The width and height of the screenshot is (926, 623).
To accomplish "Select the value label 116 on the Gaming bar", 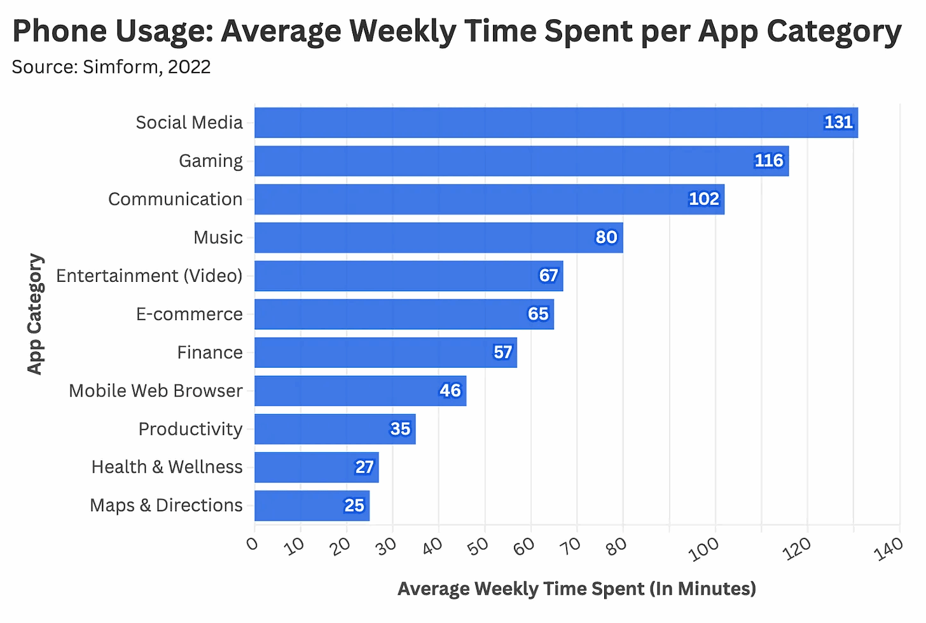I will click(x=768, y=161).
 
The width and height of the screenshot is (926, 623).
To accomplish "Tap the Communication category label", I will click(x=175, y=199).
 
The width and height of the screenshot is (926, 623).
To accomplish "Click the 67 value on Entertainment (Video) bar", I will click(x=548, y=276).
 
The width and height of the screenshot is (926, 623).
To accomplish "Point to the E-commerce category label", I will click(x=189, y=314).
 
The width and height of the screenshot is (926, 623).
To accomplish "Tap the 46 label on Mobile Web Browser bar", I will click(x=450, y=391).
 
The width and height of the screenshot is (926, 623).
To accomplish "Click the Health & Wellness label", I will click(x=167, y=467).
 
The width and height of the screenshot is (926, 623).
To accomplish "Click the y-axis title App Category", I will click(x=35, y=314).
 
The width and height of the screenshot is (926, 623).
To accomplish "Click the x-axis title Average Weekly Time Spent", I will click(x=576, y=589).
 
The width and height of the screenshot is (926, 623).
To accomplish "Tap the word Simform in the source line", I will click(x=120, y=67).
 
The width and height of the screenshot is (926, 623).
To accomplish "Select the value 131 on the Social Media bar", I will click(x=838, y=123).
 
